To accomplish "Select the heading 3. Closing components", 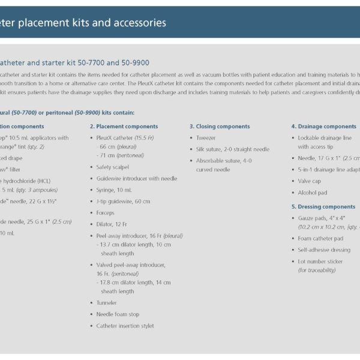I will pos(219,127).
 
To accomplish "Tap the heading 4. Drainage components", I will pos(323,127).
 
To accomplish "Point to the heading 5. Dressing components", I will pos(323,207).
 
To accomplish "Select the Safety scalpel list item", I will pos(113,167).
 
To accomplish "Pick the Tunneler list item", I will pos(107,303).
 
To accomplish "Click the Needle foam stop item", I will pos(118,314).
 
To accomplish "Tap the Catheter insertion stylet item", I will pos(125,326).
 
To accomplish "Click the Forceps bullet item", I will pos(105,212).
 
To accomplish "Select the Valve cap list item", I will pos(310,181).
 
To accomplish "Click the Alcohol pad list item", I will pos(313,193).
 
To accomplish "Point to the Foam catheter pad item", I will pos(320,239).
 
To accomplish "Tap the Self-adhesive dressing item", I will pos(325,250).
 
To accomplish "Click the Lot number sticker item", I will pos(320,262).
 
